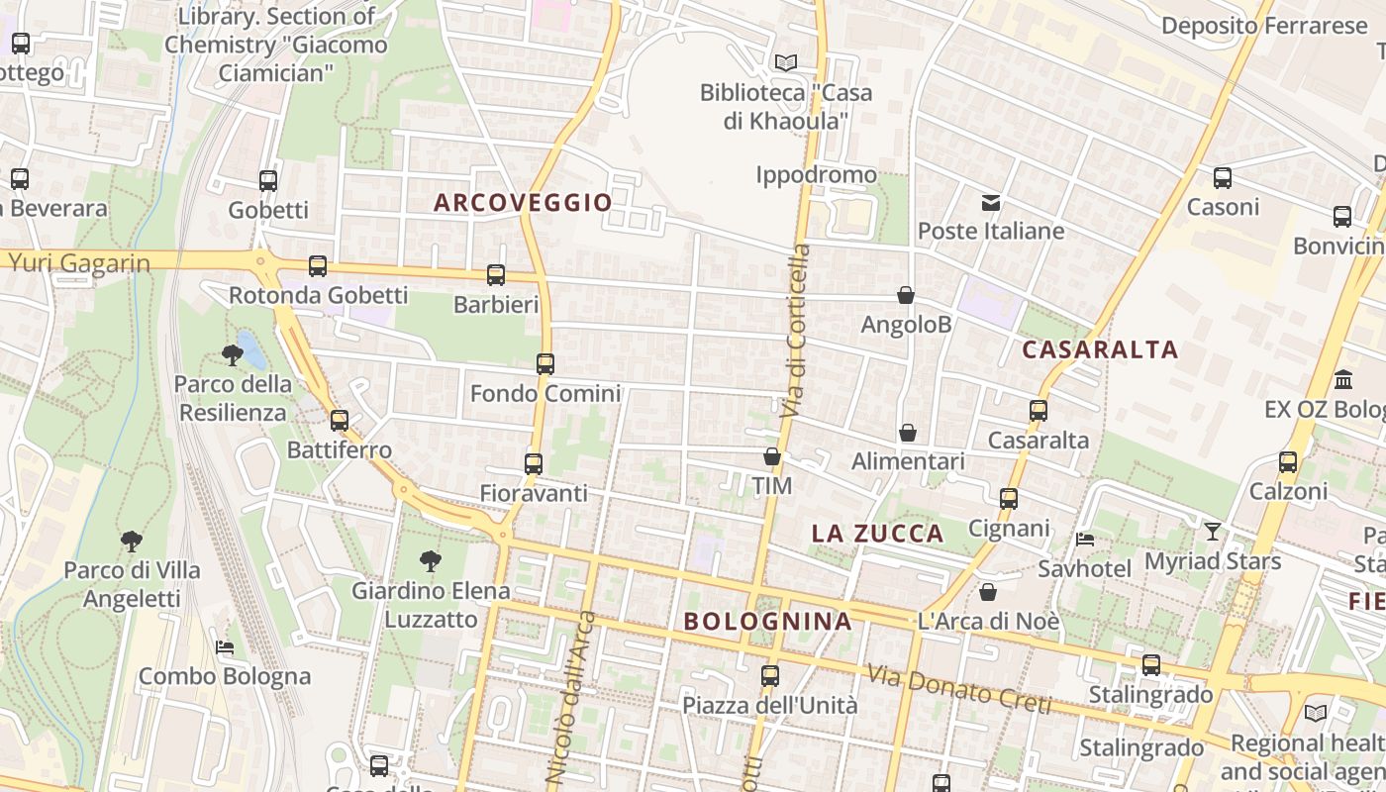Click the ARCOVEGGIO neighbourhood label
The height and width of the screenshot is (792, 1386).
[523, 203]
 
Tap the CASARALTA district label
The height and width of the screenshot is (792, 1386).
[1100, 349]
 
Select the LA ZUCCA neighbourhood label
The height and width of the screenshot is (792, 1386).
[877, 534]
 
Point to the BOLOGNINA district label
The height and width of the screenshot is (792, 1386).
[767, 622]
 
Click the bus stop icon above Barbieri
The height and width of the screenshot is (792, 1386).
[496, 275]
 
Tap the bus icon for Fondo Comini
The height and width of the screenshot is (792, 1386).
[545, 363]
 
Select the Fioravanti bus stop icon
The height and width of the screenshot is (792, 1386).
[534, 463]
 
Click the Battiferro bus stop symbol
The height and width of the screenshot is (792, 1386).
[340, 421]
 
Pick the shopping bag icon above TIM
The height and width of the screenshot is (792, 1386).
[772, 457]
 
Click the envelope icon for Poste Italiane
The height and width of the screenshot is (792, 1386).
[991, 203]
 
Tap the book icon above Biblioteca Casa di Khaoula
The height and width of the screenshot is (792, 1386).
[786, 63]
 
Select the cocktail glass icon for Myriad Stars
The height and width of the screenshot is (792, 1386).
[1213, 532]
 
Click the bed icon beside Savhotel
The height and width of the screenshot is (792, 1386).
[1085, 540]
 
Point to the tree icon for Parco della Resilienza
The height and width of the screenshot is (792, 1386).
[233, 354]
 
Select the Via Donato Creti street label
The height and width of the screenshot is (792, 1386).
[958, 689]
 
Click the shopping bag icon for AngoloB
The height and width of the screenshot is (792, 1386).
[905, 295]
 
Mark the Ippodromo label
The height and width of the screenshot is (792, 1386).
[816, 175]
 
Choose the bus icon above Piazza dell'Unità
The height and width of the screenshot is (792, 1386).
[770, 676]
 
